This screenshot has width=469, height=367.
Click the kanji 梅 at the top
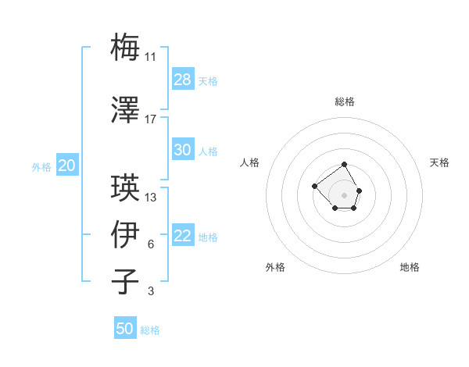coord(126,46)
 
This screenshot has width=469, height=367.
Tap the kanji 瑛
coord(126,187)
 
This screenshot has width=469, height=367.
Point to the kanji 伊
coord(126,234)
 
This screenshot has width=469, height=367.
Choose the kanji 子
coord(126,281)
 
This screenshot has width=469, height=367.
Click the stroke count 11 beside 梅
coord(151,57)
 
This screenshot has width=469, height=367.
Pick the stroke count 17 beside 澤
coord(151,119)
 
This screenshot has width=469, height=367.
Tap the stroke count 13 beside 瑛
coord(151,198)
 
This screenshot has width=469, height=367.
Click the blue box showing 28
coord(183,80)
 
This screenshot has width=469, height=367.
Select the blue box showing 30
coord(183,150)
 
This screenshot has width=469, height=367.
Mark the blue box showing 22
coord(183,236)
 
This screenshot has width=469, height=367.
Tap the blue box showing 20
coord(67,166)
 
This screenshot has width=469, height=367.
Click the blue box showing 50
coord(125,329)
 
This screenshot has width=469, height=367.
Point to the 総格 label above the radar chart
coord(345,102)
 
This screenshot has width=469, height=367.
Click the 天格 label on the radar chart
coord(439,162)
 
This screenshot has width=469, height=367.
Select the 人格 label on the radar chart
coord(250,162)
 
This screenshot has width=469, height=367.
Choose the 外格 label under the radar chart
coord(275,267)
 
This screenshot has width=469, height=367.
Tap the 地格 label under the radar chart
coord(410,267)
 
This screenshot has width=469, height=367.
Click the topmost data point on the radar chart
coord(345,165)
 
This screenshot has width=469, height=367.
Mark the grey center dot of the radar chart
coord(345,194)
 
